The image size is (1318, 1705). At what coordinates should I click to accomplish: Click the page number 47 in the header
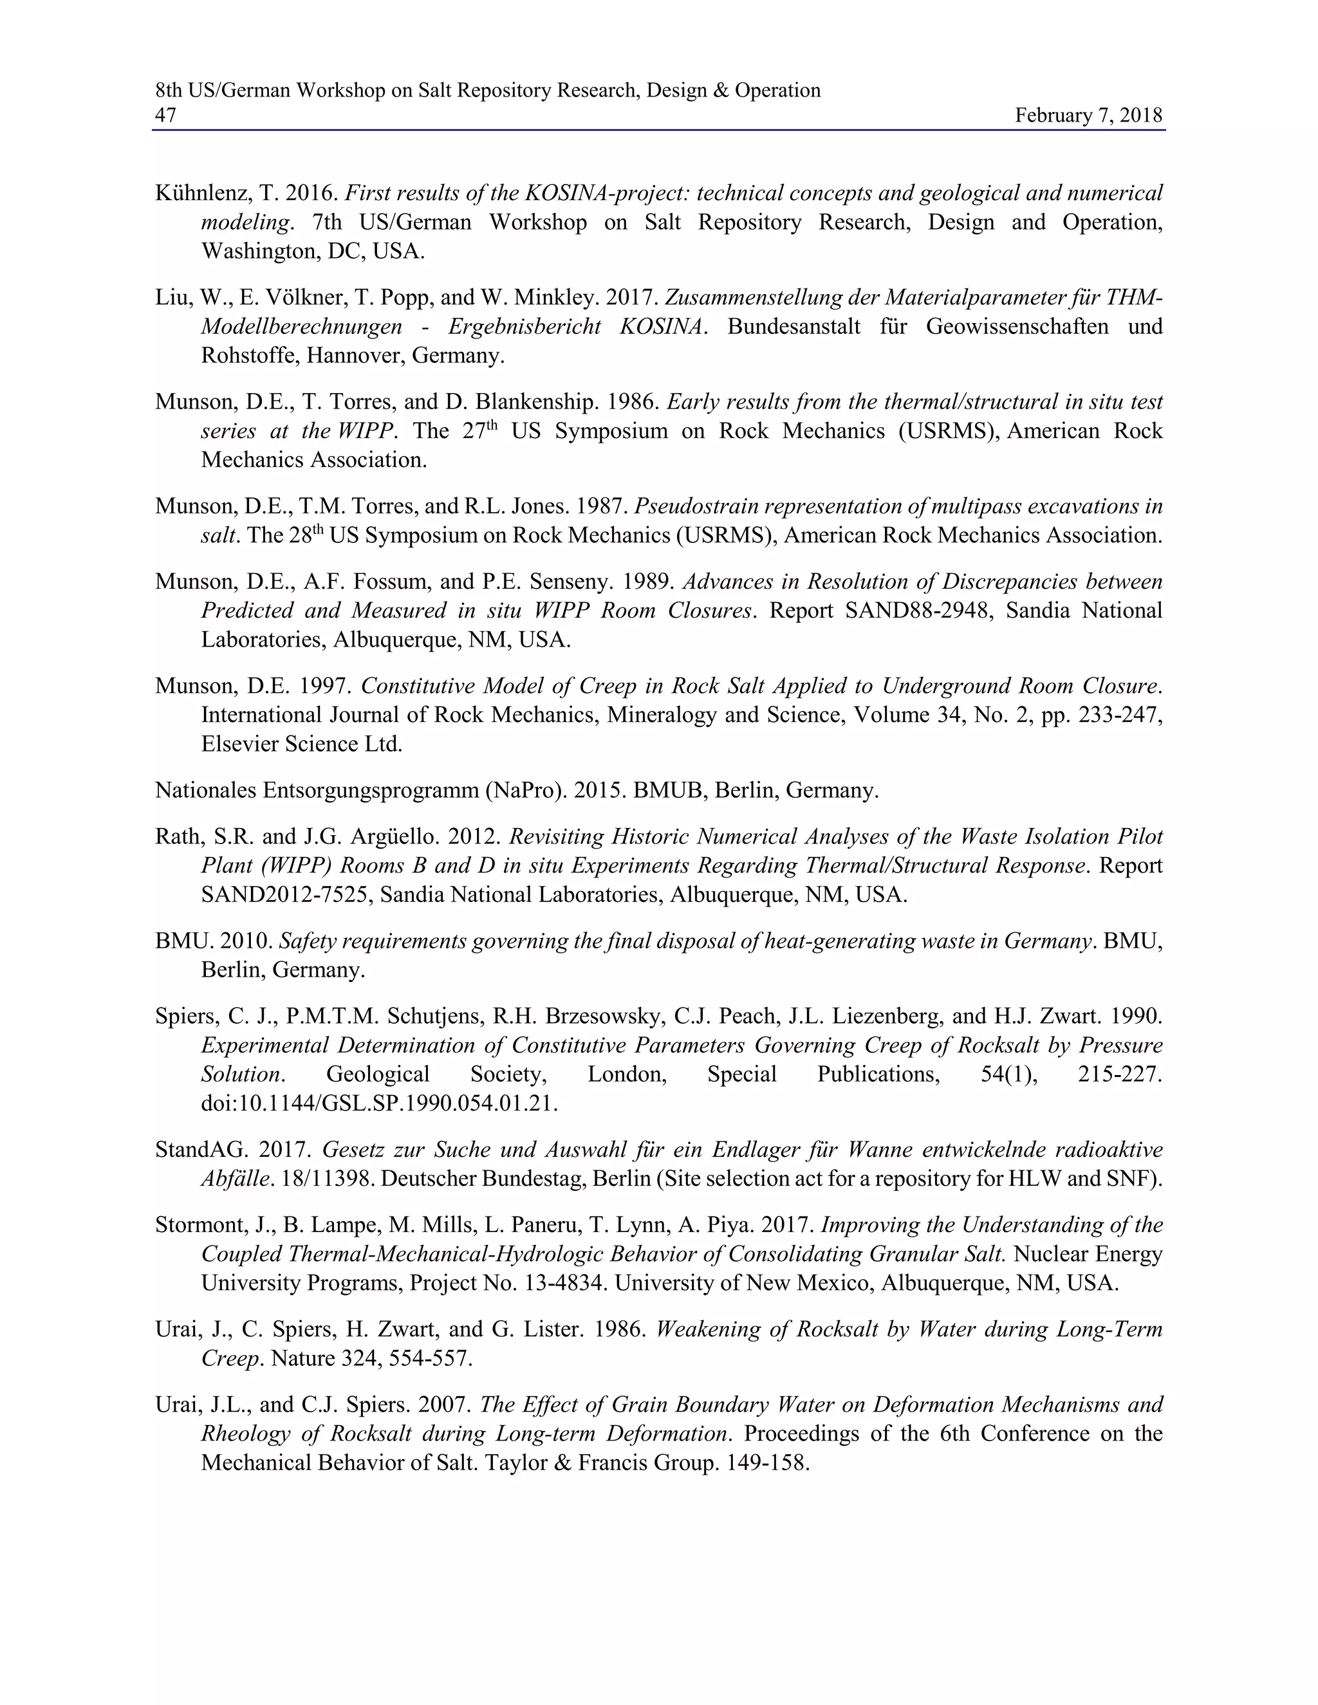(165, 116)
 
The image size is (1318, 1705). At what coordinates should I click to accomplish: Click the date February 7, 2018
(1088, 116)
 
